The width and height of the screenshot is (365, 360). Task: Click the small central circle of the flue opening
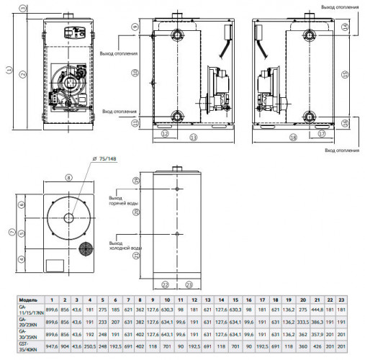pos(68,217)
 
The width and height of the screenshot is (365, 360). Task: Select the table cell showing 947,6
pos(50,345)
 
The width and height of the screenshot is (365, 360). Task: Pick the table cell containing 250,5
pos(89,345)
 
